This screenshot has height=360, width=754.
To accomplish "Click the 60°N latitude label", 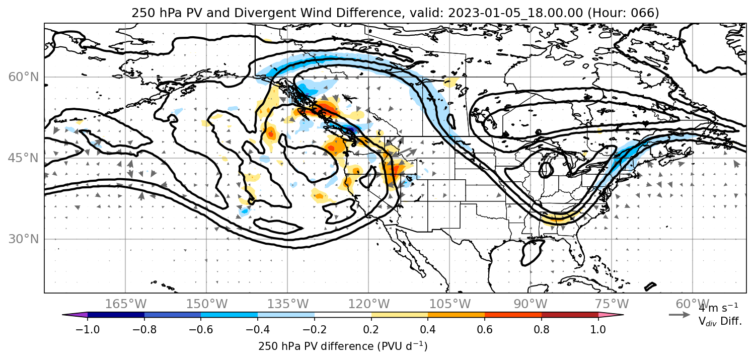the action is [x=23, y=77].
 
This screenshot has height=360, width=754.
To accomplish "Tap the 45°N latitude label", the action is [x=23, y=158].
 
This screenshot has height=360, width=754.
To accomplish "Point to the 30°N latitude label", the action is [x=23, y=239].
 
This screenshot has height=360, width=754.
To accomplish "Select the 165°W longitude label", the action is [x=125, y=304].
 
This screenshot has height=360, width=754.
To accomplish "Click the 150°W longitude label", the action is [x=207, y=304].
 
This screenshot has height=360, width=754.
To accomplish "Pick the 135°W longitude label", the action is [x=288, y=304].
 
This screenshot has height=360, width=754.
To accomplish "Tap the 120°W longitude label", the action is [x=368, y=304].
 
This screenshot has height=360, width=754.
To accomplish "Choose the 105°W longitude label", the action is [x=449, y=304].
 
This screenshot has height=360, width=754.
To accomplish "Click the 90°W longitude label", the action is [x=531, y=304].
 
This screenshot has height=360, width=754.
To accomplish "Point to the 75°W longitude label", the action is [x=612, y=304].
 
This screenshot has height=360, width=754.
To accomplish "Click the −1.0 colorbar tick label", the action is [x=88, y=329].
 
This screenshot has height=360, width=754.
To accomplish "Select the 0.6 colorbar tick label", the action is [x=485, y=329].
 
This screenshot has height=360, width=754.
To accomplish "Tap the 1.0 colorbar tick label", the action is [x=598, y=329].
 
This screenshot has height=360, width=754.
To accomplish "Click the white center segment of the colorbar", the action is [x=343, y=315].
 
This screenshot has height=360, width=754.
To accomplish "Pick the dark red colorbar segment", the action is [x=570, y=315].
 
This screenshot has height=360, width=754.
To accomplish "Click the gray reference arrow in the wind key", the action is [x=680, y=315].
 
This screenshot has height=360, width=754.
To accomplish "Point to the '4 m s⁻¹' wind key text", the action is [x=718, y=308].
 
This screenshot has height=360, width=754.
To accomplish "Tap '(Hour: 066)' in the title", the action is [x=623, y=13].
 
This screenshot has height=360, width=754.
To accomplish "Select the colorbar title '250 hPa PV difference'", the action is [x=316, y=346].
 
